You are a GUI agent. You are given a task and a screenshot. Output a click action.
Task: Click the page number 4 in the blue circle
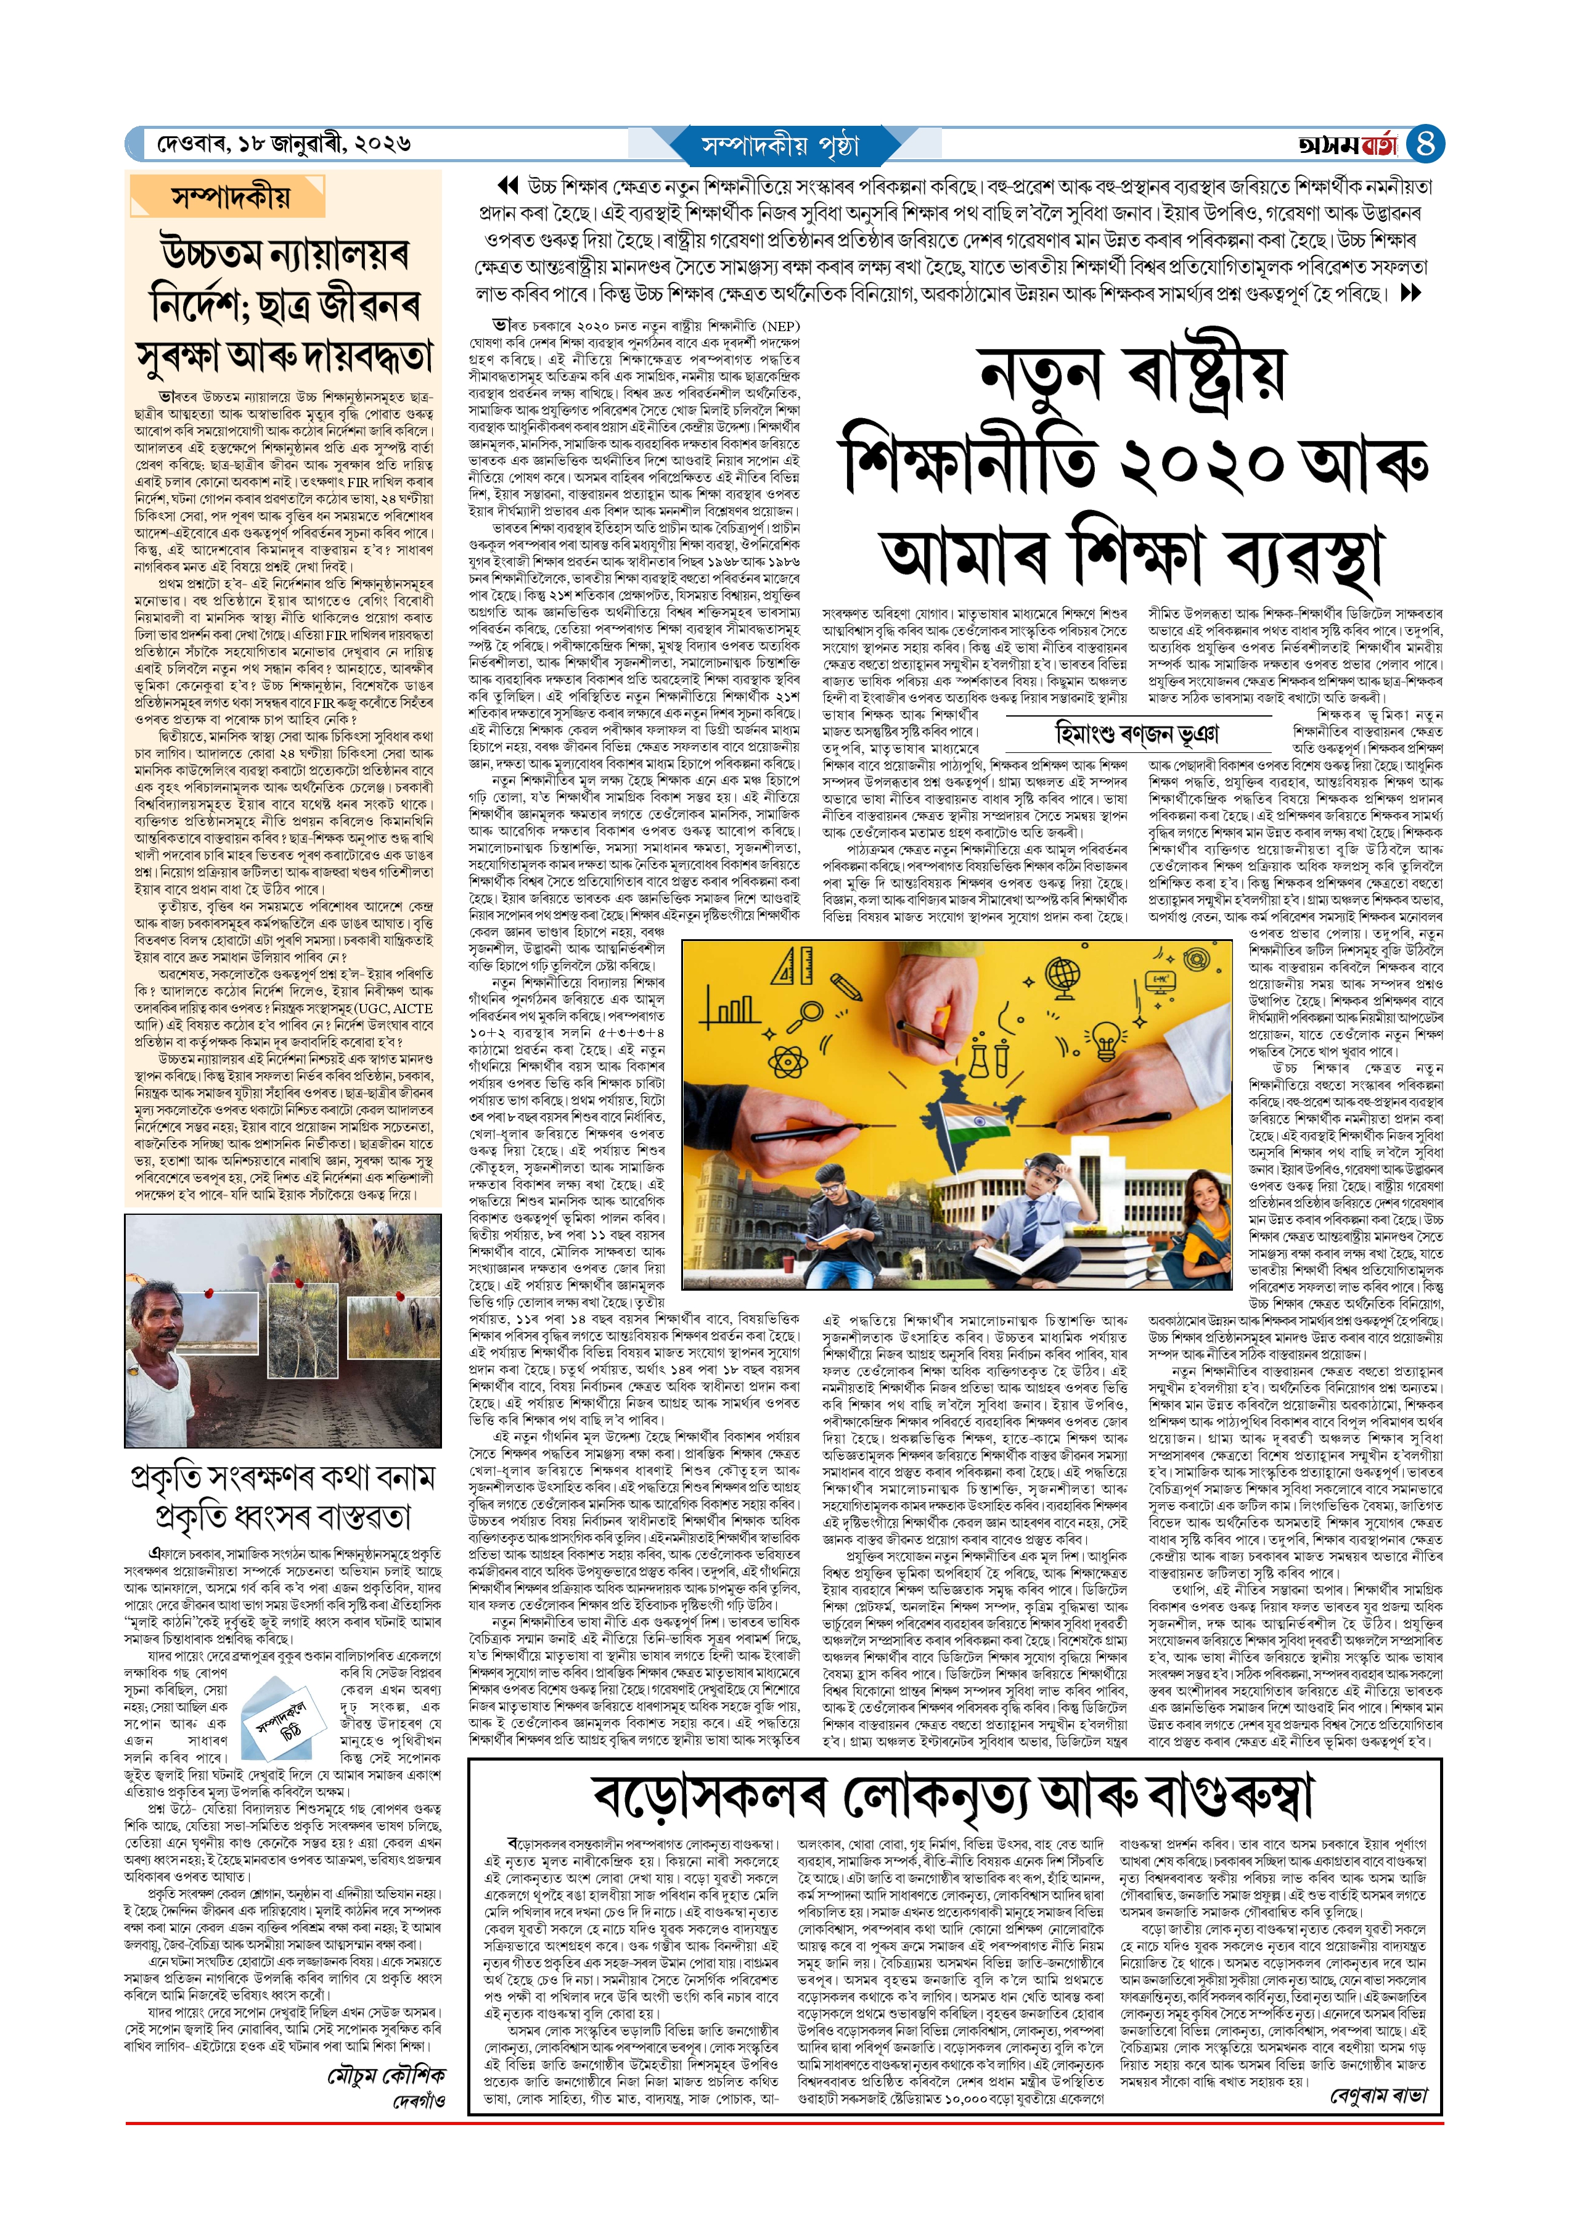pos(1424,144)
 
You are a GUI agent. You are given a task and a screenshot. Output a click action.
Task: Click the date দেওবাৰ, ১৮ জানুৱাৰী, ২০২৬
pos(284,144)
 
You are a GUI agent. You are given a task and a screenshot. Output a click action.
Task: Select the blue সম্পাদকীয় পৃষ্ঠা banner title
pos(780,145)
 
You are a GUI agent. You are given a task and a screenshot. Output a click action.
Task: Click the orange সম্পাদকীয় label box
pos(231,197)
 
